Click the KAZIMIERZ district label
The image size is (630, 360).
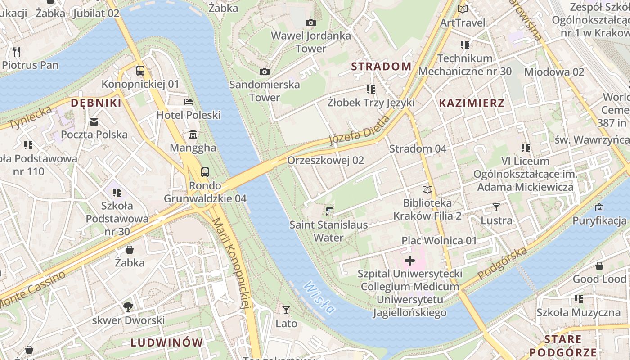(x=472, y=103)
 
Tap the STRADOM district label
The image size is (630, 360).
(x=381, y=67)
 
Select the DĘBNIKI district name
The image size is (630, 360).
(x=96, y=103)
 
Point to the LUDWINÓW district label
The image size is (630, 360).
(x=167, y=342)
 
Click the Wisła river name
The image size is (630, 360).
(x=319, y=297)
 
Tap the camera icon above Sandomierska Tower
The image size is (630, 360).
(x=265, y=72)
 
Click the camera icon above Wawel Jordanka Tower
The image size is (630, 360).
(x=310, y=22)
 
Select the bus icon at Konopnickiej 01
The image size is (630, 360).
(x=140, y=71)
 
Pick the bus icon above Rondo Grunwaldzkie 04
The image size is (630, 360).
(x=205, y=172)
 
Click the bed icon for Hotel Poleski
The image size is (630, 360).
(x=189, y=102)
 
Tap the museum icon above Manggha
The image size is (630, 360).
(x=193, y=134)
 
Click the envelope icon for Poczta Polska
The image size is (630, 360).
(x=94, y=121)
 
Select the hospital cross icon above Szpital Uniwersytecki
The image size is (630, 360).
(x=410, y=260)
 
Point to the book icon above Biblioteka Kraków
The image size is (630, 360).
(x=427, y=190)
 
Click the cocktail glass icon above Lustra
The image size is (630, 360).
(x=496, y=207)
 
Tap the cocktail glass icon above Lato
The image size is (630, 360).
(x=286, y=310)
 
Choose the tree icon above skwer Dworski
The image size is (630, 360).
(x=128, y=307)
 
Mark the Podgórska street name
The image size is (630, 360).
(x=502, y=263)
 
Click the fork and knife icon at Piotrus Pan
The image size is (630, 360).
(x=17, y=52)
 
